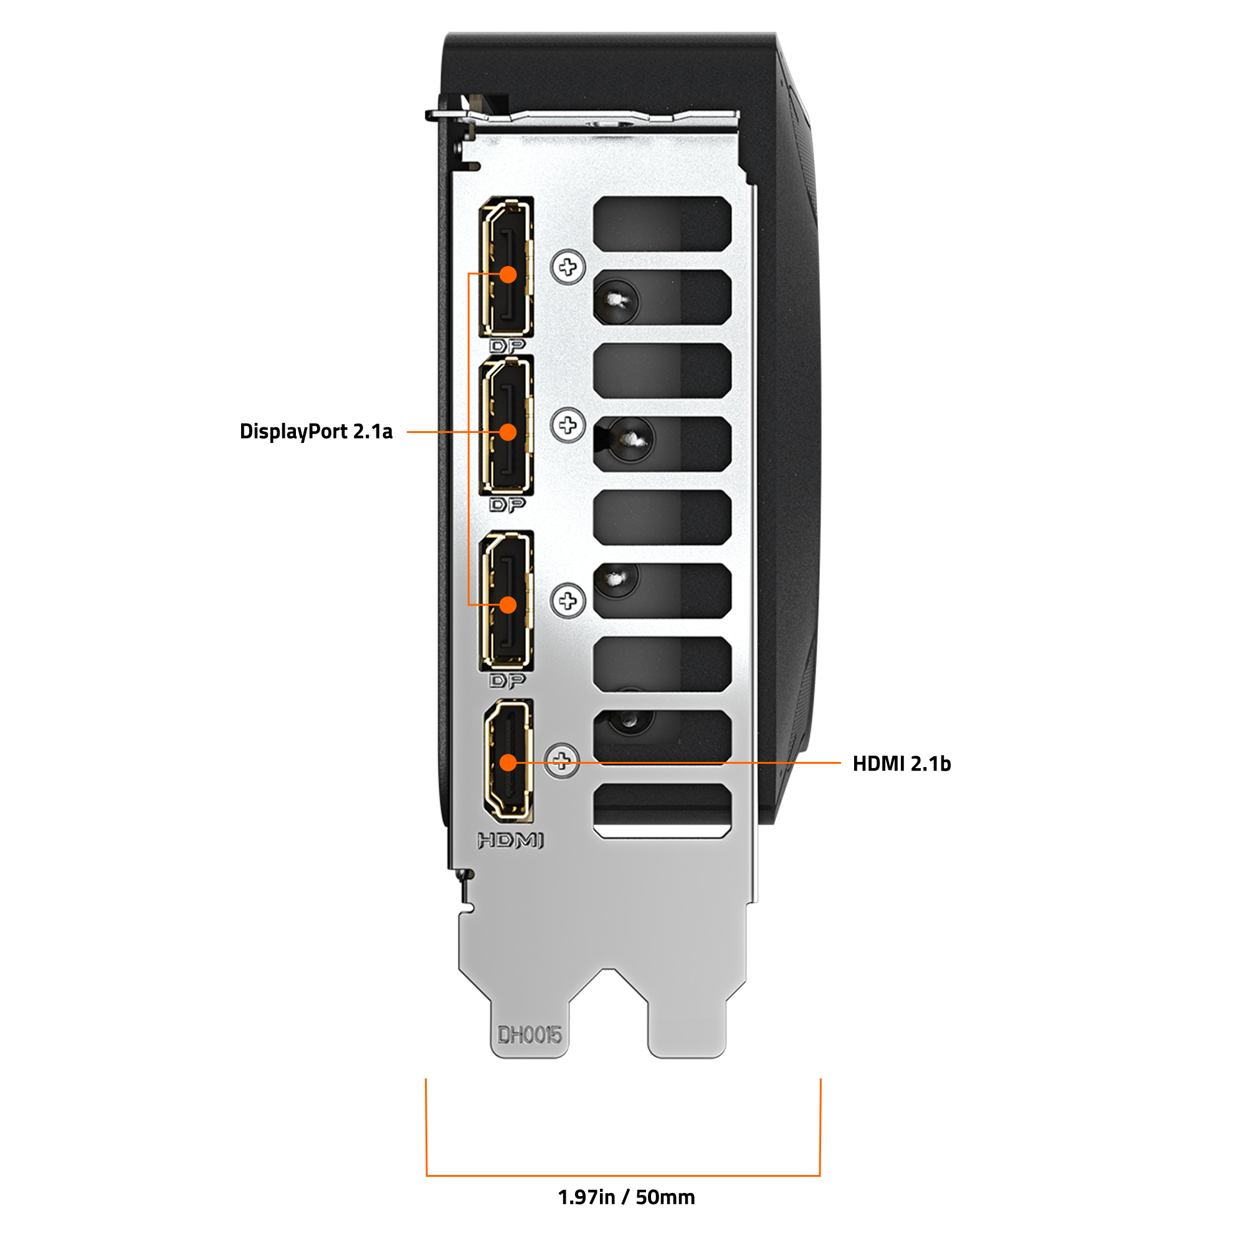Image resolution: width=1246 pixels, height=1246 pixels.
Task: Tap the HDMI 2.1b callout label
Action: pos(901,764)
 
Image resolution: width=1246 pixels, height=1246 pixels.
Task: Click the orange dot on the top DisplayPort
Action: pos(508,275)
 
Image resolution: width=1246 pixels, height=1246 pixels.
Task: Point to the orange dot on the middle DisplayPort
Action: pos(508,432)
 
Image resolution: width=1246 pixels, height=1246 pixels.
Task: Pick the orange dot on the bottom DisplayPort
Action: pos(508,605)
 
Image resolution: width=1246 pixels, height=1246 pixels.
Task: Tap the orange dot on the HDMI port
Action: pos(508,763)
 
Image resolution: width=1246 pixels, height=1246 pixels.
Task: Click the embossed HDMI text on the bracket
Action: pos(510,840)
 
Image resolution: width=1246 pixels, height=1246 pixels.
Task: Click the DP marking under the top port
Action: pos(508,346)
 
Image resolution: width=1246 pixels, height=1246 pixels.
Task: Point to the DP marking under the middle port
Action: pos(508,505)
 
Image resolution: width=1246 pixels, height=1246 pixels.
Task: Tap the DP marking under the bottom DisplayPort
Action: pos(508,680)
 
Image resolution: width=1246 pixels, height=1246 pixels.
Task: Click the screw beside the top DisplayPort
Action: pos(568,267)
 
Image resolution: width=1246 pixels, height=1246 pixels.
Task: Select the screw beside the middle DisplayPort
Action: pos(568,425)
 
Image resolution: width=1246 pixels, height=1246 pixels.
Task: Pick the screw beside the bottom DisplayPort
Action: pos(568,601)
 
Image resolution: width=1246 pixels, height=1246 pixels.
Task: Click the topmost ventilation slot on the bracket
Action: pos(662,224)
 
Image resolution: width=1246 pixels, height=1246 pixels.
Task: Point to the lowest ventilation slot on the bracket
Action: pos(662,811)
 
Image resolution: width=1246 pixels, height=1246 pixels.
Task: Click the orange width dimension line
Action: pos(623,1175)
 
